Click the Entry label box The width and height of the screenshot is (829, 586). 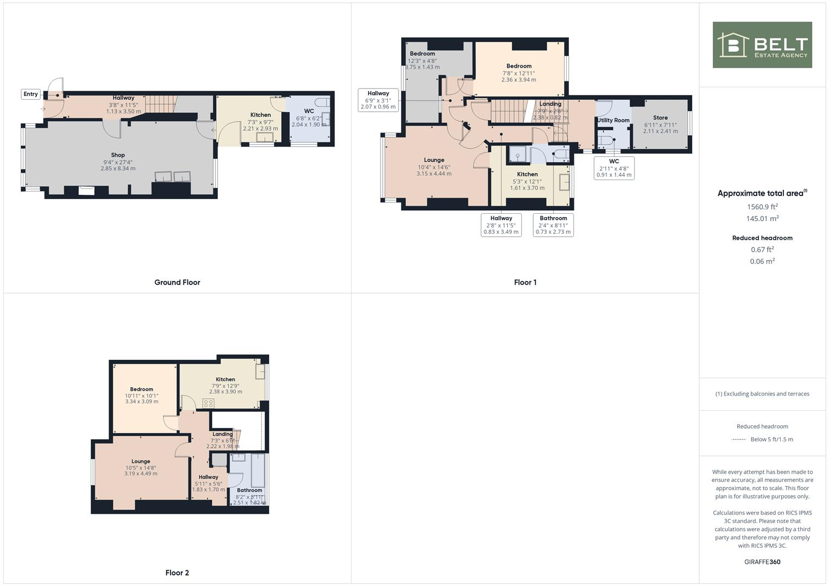click(30, 94)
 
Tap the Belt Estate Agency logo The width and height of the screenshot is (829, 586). click(762, 45)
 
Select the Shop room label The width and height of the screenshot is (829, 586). click(118, 155)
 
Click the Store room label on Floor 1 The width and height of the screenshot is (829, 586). click(660, 118)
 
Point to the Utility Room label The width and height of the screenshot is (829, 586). click(613, 120)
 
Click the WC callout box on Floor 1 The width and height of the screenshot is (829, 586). click(613, 168)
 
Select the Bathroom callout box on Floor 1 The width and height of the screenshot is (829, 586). click(553, 225)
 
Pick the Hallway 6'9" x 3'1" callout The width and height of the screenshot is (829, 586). click(378, 100)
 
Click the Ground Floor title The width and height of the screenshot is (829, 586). click(177, 282)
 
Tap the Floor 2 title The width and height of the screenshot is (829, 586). click(177, 572)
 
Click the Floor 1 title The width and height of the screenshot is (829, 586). click(525, 282)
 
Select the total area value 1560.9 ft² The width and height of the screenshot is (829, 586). click(762, 207)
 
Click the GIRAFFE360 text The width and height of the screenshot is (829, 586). click(762, 562)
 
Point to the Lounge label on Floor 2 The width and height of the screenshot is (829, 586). click(141, 462)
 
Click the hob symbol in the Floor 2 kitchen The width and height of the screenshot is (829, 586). click(208, 403)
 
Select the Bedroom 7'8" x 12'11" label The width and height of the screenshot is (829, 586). click(518, 66)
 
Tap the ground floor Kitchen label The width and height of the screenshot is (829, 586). click(260, 115)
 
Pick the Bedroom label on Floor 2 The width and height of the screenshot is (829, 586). click(141, 390)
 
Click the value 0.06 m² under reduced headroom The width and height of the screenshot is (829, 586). click(762, 261)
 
